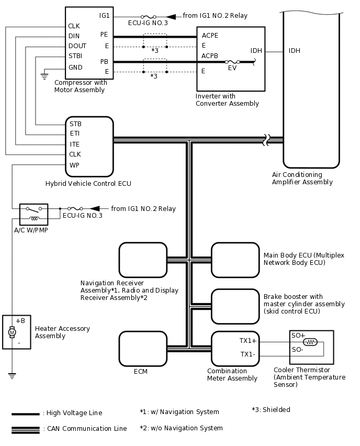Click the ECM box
(x=142, y=349)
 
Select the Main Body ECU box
(x=235, y=260)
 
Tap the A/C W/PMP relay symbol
(x=33, y=214)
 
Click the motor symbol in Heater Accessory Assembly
(x=12, y=332)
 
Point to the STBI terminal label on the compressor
(x=75, y=56)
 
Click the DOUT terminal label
(x=77, y=46)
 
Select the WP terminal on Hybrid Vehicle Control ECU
(x=74, y=165)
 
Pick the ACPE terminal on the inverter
(x=210, y=36)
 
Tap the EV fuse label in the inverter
(x=232, y=68)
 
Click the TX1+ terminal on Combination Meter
(x=248, y=341)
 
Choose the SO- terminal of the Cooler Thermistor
(x=298, y=350)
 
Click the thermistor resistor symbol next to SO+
(x=311, y=342)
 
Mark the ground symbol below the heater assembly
(x=12, y=375)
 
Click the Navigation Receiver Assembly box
(x=142, y=260)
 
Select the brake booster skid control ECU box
(x=235, y=306)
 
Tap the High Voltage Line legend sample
(x=26, y=414)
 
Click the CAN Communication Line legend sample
(x=26, y=429)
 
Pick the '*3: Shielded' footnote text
(x=271, y=410)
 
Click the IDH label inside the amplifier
(x=295, y=51)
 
